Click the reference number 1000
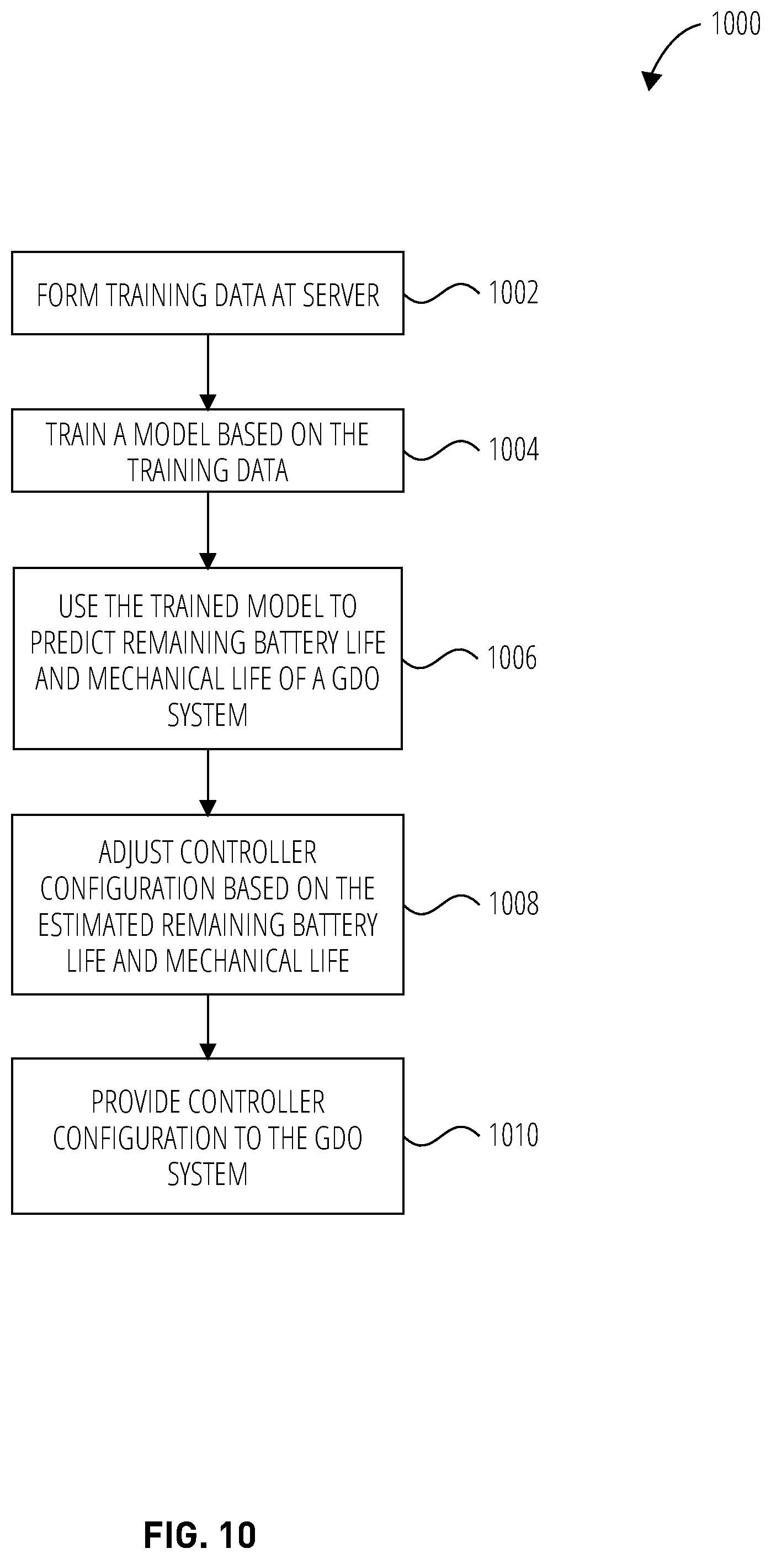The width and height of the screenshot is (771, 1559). [x=735, y=24]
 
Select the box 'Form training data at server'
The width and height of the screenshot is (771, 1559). [x=208, y=293]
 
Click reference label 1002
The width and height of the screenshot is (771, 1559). [x=513, y=293]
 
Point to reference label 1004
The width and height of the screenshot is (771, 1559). [x=513, y=450]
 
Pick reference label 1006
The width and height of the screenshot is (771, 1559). [x=512, y=658]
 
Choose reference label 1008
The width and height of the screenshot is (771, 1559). [x=513, y=904]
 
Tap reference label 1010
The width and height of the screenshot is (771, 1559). [x=513, y=1135]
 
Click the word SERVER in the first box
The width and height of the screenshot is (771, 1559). [x=341, y=296]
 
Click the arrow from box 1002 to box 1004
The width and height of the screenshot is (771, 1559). [x=208, y=372]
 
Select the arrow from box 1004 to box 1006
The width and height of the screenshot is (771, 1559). [x=208, y=530]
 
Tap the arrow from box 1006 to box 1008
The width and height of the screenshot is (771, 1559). [x=208, y=782]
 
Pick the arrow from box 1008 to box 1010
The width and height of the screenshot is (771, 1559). [x=208, y=1027]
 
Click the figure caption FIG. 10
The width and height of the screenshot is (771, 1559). [x=200, y=1535]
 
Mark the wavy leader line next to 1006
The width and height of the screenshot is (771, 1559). [x=440, y=658]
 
